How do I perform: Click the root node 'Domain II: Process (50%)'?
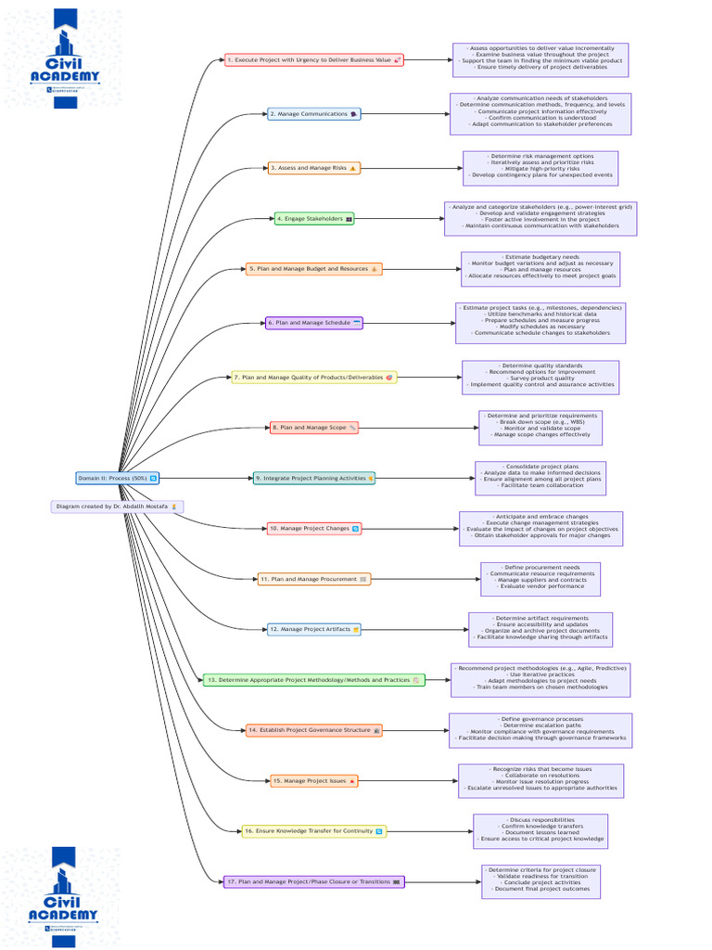pos(117,478)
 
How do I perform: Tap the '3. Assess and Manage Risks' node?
pos(313,168)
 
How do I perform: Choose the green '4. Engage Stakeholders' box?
pos(314,219)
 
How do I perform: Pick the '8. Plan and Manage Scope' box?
pos(314,428)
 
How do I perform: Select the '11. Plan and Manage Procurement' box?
pos(313,579)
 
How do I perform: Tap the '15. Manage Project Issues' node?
pos(314,781)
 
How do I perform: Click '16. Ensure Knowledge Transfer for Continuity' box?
pos(313,831)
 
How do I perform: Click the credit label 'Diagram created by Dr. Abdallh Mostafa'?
pos(118,507)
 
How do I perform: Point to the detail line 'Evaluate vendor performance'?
pos(540,586)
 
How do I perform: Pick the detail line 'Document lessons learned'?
pos(540,832)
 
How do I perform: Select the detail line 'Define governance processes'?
pos(540,719)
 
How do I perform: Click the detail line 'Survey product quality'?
pos(540,378)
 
